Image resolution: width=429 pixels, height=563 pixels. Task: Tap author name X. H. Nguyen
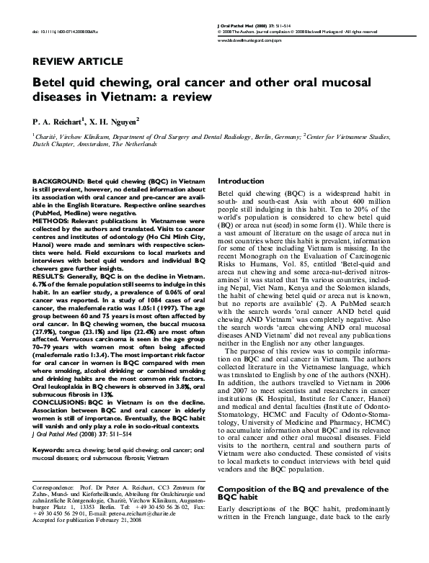pos(118,122)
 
